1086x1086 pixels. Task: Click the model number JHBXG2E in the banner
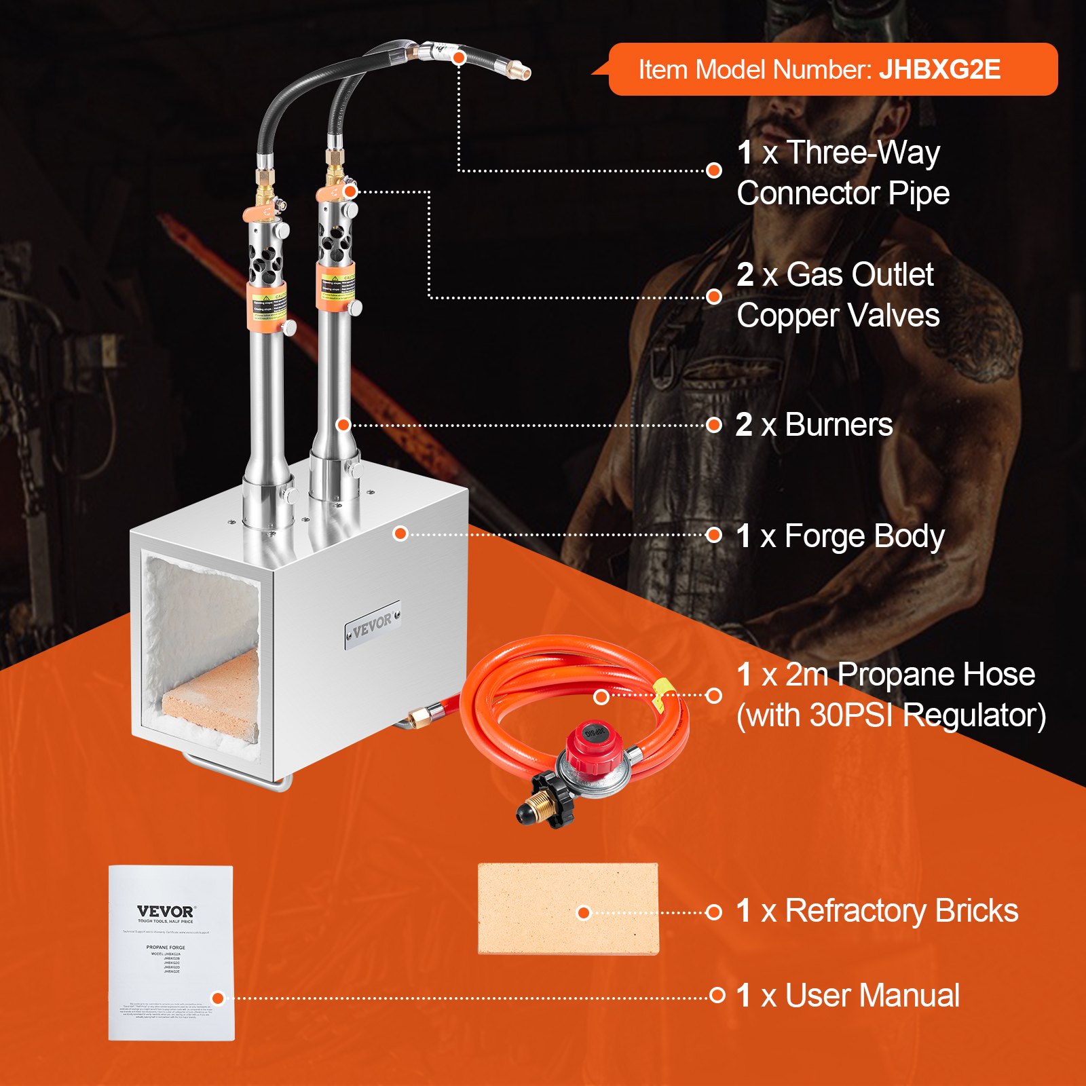click(x=939, y=70)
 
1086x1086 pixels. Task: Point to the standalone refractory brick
click(x=568, y=908)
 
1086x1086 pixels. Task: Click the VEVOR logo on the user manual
click(x=165, y=911)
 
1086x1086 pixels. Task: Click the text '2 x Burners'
click(x=814, y=426)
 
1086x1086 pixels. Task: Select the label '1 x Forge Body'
click(x=840, y=536)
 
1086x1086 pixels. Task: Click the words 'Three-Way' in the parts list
click(x=863, y=153)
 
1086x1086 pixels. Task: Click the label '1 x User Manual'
click(x=848, y=996)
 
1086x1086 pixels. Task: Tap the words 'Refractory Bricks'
click(x=901, y=911)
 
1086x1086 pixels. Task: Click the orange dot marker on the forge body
click(x=400, y=533)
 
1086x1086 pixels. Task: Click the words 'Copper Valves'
click(x=838, y=316)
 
